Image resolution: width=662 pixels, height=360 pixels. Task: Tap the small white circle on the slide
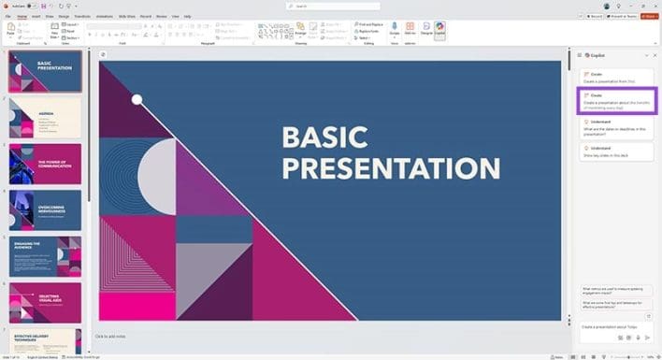point(137,99)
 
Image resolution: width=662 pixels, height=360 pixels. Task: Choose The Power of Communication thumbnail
point(45,163)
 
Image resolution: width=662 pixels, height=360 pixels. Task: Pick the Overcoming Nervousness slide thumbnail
point(45,209)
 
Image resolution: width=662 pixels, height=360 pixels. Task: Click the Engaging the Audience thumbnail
point(45,255)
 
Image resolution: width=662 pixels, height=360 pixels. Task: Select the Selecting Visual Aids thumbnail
point(45,301)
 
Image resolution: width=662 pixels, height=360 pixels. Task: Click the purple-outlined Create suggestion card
point(615,99)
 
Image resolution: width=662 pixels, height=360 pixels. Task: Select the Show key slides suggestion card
point(615,151)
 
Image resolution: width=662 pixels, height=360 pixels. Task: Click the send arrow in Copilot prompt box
point(648,338)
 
